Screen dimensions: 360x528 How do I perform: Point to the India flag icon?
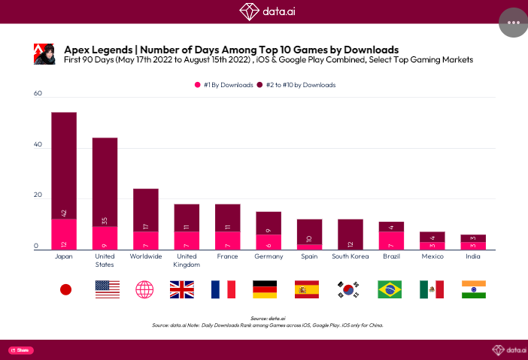click(474, 289)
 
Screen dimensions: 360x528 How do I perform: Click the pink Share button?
click(21, 350)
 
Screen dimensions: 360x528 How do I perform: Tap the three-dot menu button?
click(514, 23)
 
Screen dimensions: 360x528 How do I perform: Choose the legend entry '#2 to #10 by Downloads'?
click(296, 85)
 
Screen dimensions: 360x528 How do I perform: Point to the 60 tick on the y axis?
click(38, 94)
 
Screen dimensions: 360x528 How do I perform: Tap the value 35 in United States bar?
click(105, 220)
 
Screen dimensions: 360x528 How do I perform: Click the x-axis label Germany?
click(269, 257)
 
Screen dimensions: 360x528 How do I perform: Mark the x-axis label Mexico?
click(432, 257)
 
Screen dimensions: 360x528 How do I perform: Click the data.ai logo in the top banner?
click(264, 11)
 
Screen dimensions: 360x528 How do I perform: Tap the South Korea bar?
click(350, 234)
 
